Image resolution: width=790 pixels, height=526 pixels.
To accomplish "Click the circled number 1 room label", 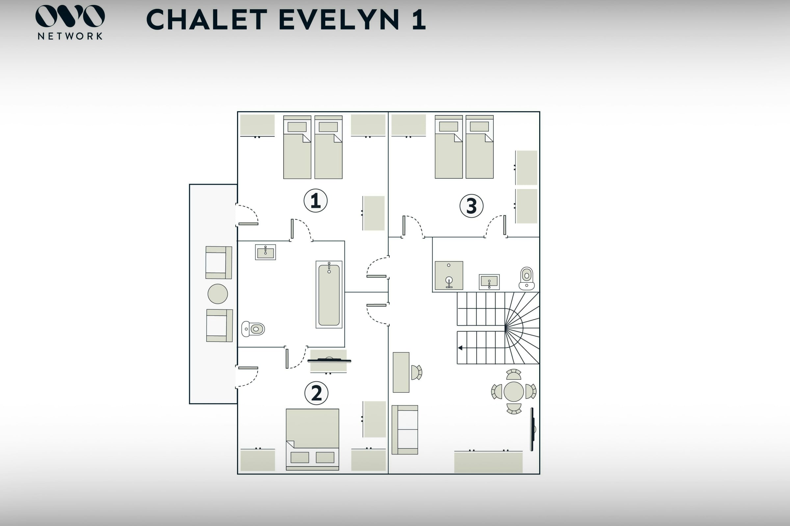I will click(x=315, y=201).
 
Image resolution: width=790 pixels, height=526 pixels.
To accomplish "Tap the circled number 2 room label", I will click(x=316, y=393).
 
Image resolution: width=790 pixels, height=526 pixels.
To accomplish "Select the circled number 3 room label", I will click(x=471, y=206).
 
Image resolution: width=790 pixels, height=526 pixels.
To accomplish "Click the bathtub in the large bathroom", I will click(x=329, y=295).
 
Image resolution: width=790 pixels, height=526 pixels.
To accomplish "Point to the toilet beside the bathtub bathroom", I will click(x=253, y=329).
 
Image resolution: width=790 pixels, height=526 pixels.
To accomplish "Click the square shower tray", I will click(x=449, y=275).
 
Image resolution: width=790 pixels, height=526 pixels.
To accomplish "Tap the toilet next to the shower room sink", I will click(x=526, y=278).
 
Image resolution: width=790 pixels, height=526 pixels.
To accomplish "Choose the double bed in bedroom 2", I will click(x=312, y=439).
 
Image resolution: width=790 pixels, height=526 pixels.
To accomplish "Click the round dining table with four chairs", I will click(x=513, y=392).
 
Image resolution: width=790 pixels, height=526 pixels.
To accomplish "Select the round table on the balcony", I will click(x=218, y=294).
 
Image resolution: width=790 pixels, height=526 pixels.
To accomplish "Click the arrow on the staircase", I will click(x=460, y=348).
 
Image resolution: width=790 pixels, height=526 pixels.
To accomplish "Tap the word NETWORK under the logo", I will click(x=70, y=36).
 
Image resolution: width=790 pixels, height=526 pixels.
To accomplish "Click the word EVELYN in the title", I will click(x=339, y=20).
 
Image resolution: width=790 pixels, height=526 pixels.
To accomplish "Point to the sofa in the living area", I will click(x=405, y=430).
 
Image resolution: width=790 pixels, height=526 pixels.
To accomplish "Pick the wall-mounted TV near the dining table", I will click(x=532, y=429).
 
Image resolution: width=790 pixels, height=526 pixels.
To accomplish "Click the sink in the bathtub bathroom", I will click(x=265, y=252).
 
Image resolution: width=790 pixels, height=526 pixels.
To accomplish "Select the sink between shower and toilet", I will click(x=489, y=282).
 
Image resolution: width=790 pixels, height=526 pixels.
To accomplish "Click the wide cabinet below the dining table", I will click(x=488, y=462).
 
